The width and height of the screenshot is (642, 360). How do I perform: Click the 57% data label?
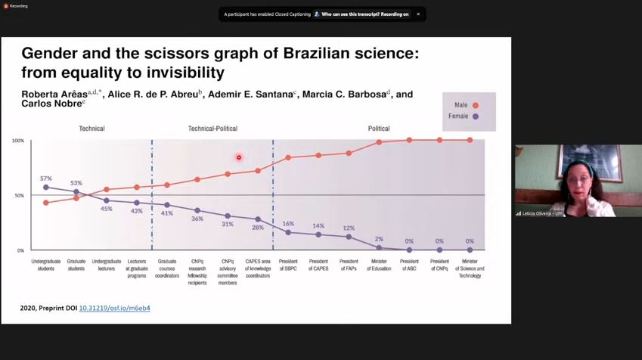pos(46,178)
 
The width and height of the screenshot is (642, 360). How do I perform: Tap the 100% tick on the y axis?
pos(17,141)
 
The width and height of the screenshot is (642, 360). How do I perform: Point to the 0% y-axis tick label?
pos(20,250)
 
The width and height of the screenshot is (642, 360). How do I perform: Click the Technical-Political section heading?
pos(212,129)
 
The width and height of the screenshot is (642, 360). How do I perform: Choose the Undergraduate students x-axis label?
pos(46,265)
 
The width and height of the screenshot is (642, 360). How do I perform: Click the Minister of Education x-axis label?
pos(379,265)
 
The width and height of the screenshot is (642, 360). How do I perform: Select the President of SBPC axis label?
pos(288,265)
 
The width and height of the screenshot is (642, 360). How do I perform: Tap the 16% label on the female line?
pos(288,224)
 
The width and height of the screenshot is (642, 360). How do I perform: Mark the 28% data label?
pos(258,228)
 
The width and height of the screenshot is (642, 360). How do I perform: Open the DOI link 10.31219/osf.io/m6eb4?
pos(114,309)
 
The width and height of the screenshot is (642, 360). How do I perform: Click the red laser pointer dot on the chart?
pos(239,157)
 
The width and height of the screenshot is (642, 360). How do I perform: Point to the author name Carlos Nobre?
pos(52,104)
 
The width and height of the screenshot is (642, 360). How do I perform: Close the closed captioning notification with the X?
pos(418,14)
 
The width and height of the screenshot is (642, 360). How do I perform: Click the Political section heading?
pos(379,129)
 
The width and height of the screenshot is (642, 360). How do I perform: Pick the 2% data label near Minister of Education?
pos(379,239)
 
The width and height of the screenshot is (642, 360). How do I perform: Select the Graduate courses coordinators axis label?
pos(167,265)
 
